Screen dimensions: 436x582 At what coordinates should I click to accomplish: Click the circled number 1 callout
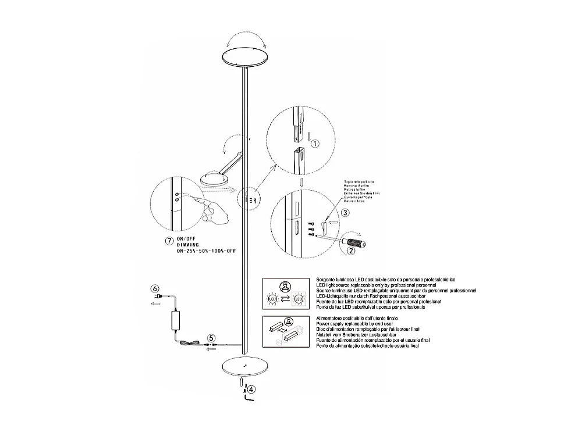click(314, 143)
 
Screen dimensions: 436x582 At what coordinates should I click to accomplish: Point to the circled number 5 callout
click(211, 337)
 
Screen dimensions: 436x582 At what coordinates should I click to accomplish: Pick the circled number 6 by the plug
click(155, 288)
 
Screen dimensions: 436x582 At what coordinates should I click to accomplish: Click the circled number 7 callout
click(168, 241)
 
